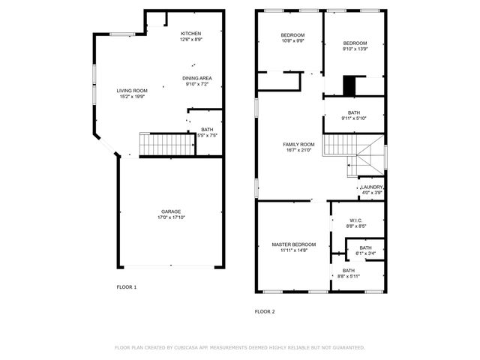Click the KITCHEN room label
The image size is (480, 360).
click(190, 34)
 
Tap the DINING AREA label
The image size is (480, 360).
click(197, 78)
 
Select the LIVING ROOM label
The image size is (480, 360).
click(131, 91)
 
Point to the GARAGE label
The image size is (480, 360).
click(171, 211)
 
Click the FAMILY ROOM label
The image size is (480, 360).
click(298, 144)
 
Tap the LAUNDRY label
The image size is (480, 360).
click(372, 187)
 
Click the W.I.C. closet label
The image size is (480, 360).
click(357, 220)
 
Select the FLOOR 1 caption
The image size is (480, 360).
click(126, 287)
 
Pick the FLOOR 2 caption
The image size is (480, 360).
click(265, 311)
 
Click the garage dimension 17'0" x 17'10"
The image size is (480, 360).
click(171, 217)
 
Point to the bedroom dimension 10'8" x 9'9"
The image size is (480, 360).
click(292, 41)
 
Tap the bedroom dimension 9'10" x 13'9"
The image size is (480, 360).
click(355, 49)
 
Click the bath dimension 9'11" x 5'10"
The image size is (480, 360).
click(354, 118)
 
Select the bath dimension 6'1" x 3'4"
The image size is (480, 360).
click(365, 253)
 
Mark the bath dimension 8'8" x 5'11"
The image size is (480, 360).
click(349, 277)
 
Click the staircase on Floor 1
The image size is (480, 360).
click(167, 144)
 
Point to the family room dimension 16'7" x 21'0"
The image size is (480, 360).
click(298, 150)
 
